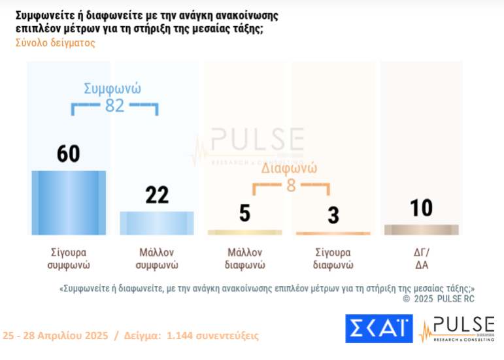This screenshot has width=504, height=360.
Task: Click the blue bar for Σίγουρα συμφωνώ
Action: point(69,203)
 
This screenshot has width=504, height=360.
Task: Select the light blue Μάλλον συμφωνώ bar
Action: point(157,223)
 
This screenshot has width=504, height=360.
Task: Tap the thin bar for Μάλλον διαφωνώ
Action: point(244,232)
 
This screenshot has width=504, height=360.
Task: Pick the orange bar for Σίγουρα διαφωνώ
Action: point(333,233)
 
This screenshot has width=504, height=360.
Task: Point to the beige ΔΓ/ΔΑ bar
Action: point(421,229)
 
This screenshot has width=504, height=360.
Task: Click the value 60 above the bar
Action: point(69,154)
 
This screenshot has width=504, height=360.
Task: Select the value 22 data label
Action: point(157,195)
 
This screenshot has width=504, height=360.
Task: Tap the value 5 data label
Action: point(244,213)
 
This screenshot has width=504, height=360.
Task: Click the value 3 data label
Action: point(333,216)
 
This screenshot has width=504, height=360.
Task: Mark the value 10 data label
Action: point(422,208)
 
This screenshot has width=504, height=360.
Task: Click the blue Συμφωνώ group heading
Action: point(113,89)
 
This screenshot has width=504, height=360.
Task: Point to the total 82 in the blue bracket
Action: point(114,105)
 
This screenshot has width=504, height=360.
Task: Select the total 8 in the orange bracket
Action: point(291,186)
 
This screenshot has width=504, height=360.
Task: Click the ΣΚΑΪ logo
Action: point(379,329)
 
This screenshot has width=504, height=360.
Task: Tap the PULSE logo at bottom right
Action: point(457,329)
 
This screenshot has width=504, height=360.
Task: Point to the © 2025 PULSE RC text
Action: point(439,299)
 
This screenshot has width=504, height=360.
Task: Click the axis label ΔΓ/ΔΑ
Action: point(422,259)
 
